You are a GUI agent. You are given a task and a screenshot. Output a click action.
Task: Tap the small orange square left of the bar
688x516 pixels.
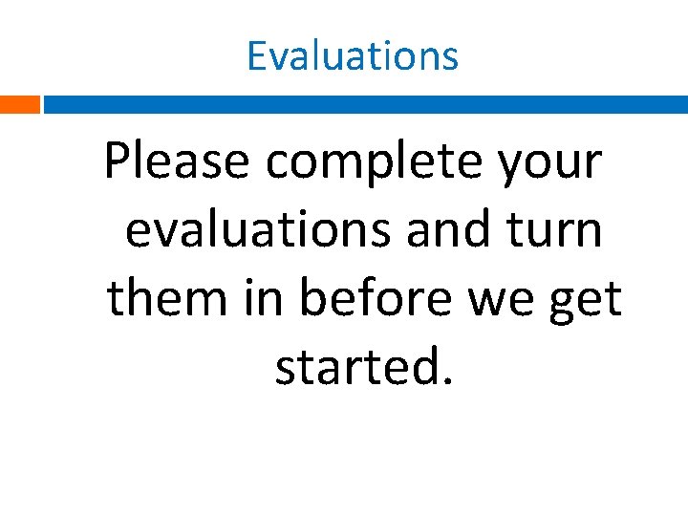pyautogui.click(x=19, y=104)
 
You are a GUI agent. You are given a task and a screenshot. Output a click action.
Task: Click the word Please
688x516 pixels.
pyautogui.click(x=178, y=162)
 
